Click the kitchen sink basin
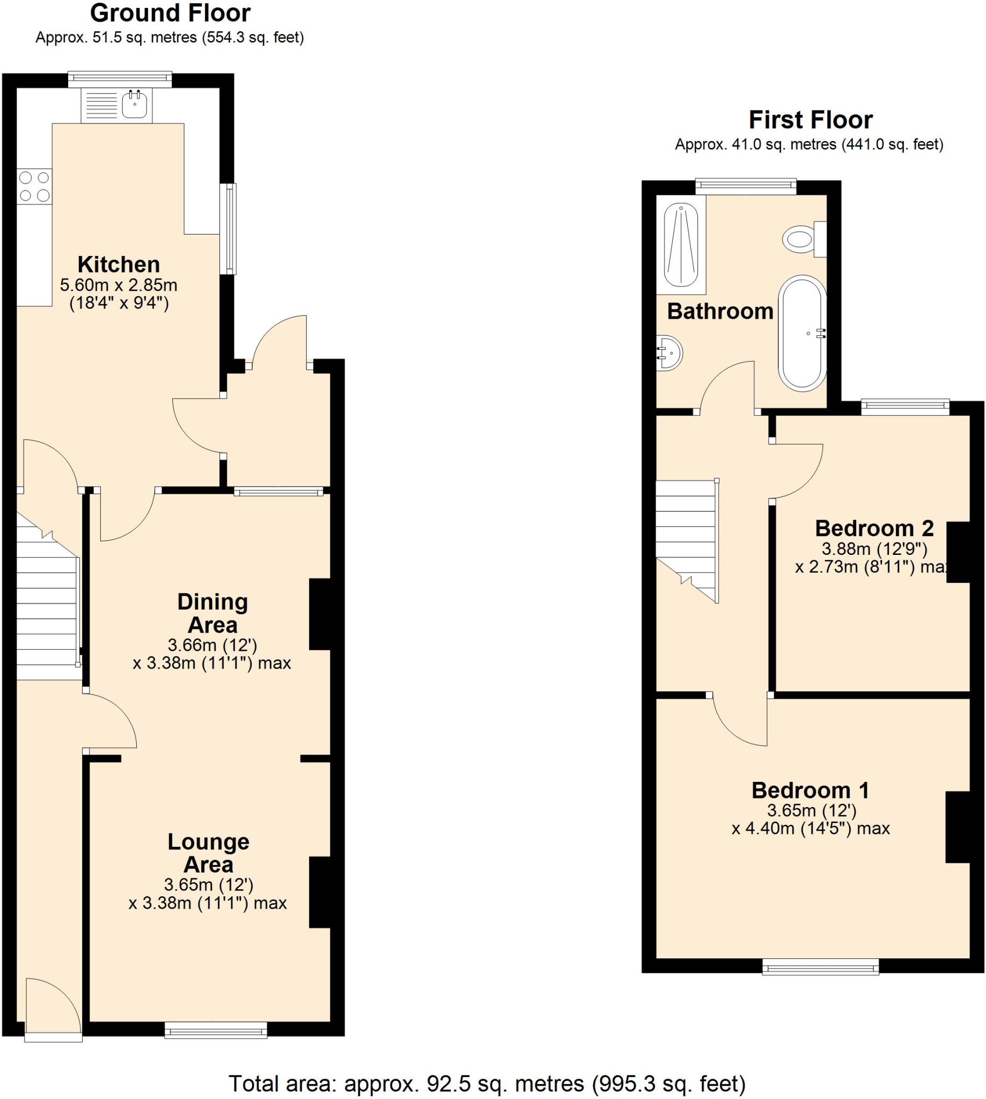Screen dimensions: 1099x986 (134, 105)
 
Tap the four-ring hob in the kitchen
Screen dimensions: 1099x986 (34, 186)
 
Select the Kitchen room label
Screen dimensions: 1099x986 (119, 265)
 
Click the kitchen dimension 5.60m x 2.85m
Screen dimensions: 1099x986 (119, 285)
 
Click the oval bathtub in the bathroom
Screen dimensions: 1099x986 (803, 333)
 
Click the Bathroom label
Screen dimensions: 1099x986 (720, 312)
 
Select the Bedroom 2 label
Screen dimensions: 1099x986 (874, 528)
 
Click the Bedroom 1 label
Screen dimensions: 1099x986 (810, 790)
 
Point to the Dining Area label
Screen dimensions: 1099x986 (212, 613)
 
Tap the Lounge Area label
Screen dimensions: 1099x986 (209, 853)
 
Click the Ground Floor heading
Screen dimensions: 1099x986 (170, 13)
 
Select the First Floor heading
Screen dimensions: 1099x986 (811, 120)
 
